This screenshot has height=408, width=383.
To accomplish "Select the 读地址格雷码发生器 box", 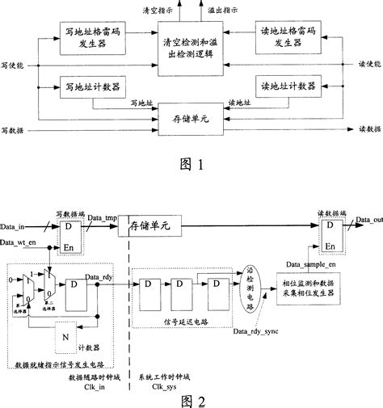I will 284,37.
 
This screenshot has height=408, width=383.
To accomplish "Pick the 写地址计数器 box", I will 86,85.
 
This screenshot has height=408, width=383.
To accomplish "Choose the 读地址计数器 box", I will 284,85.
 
